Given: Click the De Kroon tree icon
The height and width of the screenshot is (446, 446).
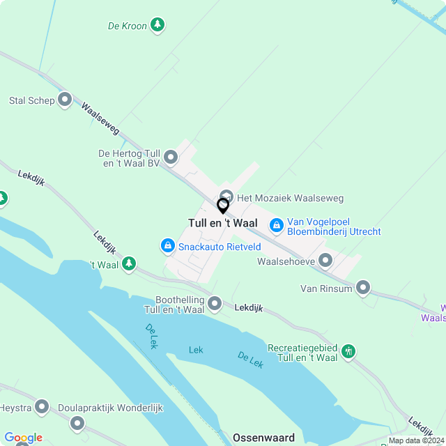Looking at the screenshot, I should coord(158,26).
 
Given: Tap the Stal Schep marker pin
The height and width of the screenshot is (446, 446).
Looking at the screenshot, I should coord(65,100).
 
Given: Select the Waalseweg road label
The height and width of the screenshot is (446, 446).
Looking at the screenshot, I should coord(100,118).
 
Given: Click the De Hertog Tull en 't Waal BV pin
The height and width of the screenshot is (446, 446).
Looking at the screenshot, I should coord(171,157).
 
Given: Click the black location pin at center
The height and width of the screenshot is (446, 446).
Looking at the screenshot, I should coord(223,206).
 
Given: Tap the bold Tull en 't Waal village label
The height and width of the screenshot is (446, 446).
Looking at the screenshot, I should coord(223,223).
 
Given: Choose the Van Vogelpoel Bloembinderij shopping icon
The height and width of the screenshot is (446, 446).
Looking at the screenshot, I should coord(276,225).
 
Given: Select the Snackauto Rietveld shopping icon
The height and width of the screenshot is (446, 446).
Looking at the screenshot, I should coord(167,246).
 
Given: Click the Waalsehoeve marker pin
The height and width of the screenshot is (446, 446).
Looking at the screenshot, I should coord(325,261).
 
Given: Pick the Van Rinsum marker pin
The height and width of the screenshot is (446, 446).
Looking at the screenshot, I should coord(362,288).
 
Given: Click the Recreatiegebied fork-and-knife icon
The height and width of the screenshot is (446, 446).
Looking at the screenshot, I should coord(349,351).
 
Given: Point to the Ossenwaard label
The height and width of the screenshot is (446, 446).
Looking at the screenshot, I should coord(264,438).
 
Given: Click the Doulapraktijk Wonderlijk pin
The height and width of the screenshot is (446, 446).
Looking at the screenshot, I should coord(77,422).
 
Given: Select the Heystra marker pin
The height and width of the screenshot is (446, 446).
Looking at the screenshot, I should coord(42,406).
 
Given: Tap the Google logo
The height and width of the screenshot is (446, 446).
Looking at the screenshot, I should coord(23,438).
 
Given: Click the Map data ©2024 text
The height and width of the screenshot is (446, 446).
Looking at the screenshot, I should coord(416,440).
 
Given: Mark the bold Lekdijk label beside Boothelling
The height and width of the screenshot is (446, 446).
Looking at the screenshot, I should coord(249,307).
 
